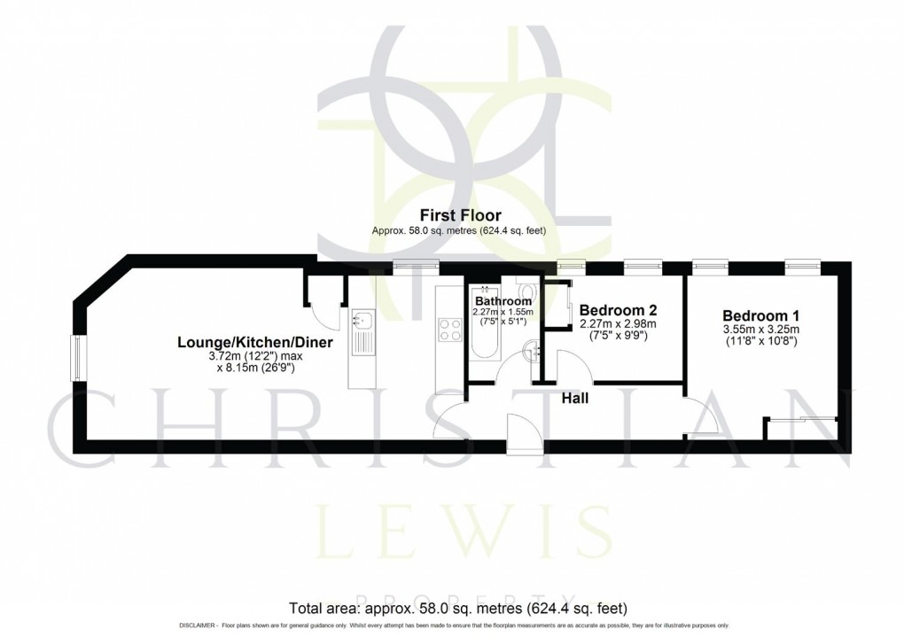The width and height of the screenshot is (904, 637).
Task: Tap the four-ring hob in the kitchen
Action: [x=450, y=331]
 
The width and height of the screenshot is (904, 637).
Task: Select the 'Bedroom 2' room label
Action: [x=618, y=310]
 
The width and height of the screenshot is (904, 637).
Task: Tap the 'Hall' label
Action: [x=576, y=399]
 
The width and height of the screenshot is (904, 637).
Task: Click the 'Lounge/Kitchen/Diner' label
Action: [x=255, y=342]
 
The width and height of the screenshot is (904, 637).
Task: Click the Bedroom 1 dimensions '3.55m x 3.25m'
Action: [x=761, y=330]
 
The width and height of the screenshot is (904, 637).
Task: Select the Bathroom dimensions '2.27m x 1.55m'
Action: [x=502, y=312]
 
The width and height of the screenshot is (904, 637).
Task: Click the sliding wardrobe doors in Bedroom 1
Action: [x=802, y=418]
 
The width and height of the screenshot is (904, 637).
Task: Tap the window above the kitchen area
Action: [x=417, y=263]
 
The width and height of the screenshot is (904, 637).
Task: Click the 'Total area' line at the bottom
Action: [x=458, y=609]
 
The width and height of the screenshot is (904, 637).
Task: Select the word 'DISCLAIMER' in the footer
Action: [x=198, y=626]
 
